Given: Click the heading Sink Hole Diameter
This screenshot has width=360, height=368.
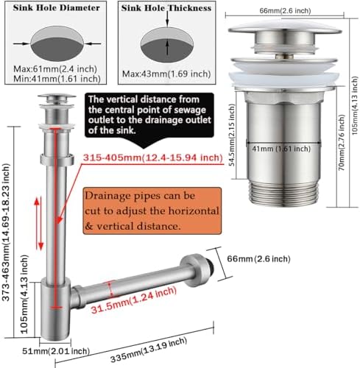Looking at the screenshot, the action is tap(56, 8).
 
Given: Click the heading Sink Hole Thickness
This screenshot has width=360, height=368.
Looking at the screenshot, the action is tap(166, 8).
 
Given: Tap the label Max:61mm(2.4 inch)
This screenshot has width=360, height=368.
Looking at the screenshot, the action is tap(55, 69).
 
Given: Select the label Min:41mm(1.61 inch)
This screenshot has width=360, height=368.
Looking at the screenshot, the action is tap(57, 79).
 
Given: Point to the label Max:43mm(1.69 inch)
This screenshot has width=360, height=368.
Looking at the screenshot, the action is tap(166, 74).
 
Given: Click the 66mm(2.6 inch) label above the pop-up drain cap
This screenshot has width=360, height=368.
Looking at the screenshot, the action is tap(285, 11).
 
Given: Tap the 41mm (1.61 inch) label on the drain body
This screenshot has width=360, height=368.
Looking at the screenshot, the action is tap(281, 149).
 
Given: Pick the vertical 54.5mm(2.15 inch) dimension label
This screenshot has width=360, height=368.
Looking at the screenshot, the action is tap(232, 135).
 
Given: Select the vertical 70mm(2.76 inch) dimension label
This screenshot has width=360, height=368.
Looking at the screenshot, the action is tap(342, 143).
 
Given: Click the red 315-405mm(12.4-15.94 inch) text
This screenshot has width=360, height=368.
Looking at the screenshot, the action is tap(152, 158).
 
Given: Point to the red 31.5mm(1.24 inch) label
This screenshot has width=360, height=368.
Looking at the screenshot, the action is tap(134, 300).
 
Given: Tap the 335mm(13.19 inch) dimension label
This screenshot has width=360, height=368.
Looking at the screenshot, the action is tap(149, 350).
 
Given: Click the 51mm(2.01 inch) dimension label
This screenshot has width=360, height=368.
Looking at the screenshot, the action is tap(56, 351).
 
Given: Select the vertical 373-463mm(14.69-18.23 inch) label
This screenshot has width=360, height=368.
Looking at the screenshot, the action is tap(6, 232).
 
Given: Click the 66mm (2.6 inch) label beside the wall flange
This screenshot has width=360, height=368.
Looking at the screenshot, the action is tap(258, 259).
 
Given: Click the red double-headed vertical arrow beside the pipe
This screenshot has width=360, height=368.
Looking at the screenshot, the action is tap(39, 224).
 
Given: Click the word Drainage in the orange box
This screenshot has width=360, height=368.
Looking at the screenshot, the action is tap(109, 196).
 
